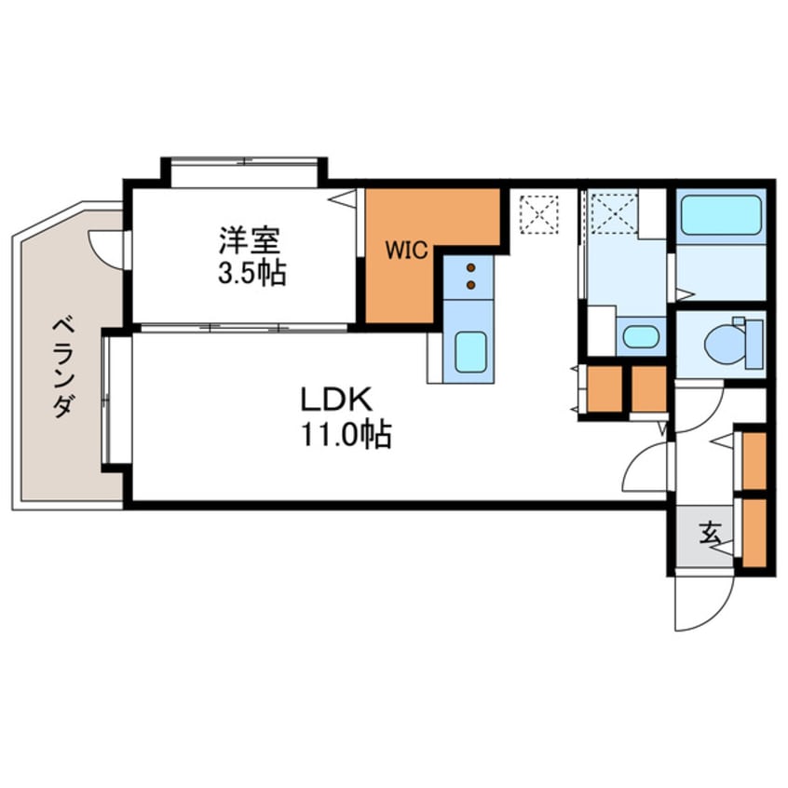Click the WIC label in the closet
click(x=406, y=251)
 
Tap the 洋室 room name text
click(x=250, y=240)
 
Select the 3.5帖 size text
click(x=252, y=274)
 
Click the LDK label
click(x=336, y=400)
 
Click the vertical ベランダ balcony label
click(x=64, y=368)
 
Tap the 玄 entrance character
click(x=710, y=533)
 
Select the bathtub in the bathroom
click(x=721, y=214)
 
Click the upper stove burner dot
click(x=471, y=267)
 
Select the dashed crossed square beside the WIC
click(x=539, y=214)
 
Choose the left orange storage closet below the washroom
click(x=605, y=389)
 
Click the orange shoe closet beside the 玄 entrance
click(x=754, y=533)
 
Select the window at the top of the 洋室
click(x=245, y=162)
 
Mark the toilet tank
click(x=754, y=345)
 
